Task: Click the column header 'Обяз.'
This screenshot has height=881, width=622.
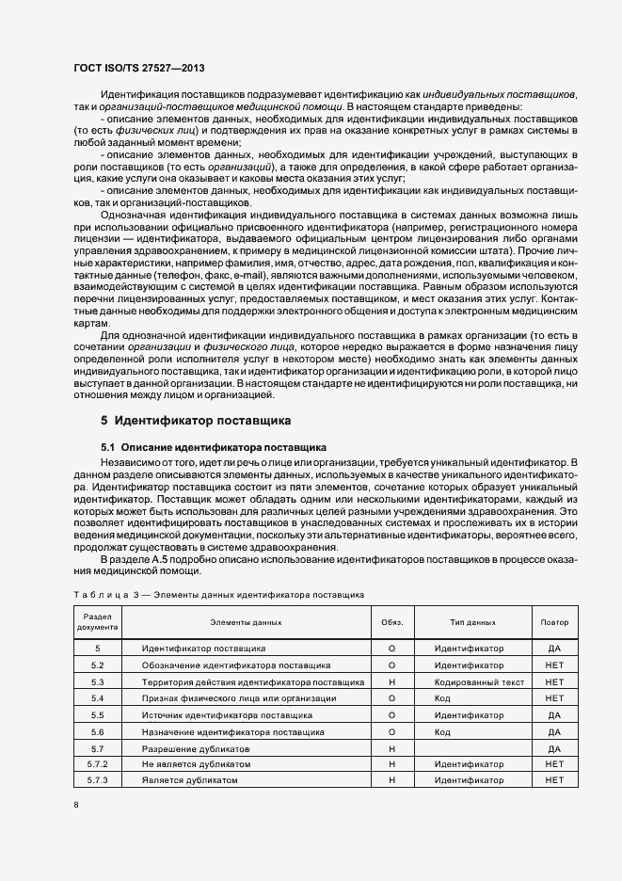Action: point(391,622)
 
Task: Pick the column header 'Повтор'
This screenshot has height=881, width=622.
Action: point(554,622)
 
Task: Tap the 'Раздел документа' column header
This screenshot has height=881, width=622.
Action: point(98,622)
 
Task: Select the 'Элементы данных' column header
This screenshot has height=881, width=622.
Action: point(247,622)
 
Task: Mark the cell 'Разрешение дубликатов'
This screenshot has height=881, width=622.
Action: point(196,747)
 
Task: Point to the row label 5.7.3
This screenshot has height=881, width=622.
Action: point(98,780)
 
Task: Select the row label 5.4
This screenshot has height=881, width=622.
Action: point(98,698)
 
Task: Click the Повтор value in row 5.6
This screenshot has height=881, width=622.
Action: point(554,731)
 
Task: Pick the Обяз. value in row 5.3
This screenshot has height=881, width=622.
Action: point(391,681)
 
